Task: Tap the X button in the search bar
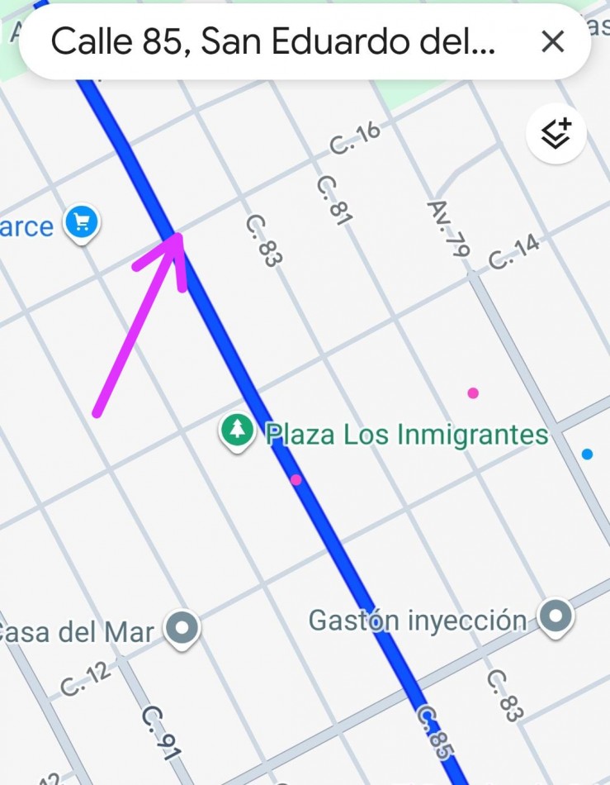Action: click(x=552, y=41)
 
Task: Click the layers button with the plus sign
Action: click(x=556, y=133)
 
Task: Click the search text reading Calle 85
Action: click(x=272, y=41)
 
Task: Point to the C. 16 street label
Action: click(x=355, y=137)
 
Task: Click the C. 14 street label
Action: click(x=513, y=252)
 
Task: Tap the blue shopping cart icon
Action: click(x=82, y=221)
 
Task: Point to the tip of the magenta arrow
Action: click(x=178, y=236)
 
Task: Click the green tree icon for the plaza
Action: click(x=238, y=429)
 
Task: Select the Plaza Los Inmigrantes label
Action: click(x=407, y=435)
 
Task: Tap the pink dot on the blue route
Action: click(x=296, y=479)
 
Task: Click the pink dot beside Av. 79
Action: click(x=473, y=393)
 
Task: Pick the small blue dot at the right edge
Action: click(x=587, y=454)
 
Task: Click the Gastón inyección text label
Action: click(x=417, y=620)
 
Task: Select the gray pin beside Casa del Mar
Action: click(x=182, y=627)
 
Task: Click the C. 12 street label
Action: click(x=86, y=678)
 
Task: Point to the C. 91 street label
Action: click(x=160, y=731)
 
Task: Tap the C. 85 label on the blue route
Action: click(x=435, y=732)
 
